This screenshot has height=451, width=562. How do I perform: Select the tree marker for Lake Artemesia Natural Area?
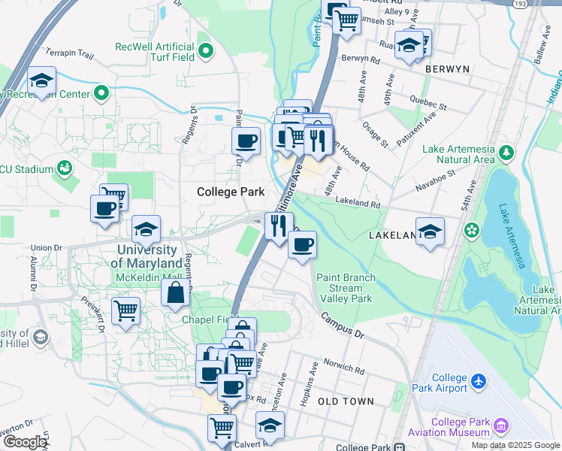tap(507, 153)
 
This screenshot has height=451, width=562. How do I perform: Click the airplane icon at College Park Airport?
tap(477, 383)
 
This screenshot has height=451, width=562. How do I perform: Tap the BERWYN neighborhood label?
tap(447, 68)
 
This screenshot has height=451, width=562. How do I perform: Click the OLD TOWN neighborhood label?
tap(346, 401)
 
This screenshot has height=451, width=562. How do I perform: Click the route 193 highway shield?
tap(520, 4)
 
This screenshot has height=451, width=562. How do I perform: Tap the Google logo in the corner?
tap(24, 442)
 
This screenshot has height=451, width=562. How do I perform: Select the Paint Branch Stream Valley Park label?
tap(345, 288)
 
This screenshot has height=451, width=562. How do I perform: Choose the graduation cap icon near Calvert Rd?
tap(270, 425)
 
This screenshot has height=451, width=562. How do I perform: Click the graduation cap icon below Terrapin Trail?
tap(41, 80)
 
